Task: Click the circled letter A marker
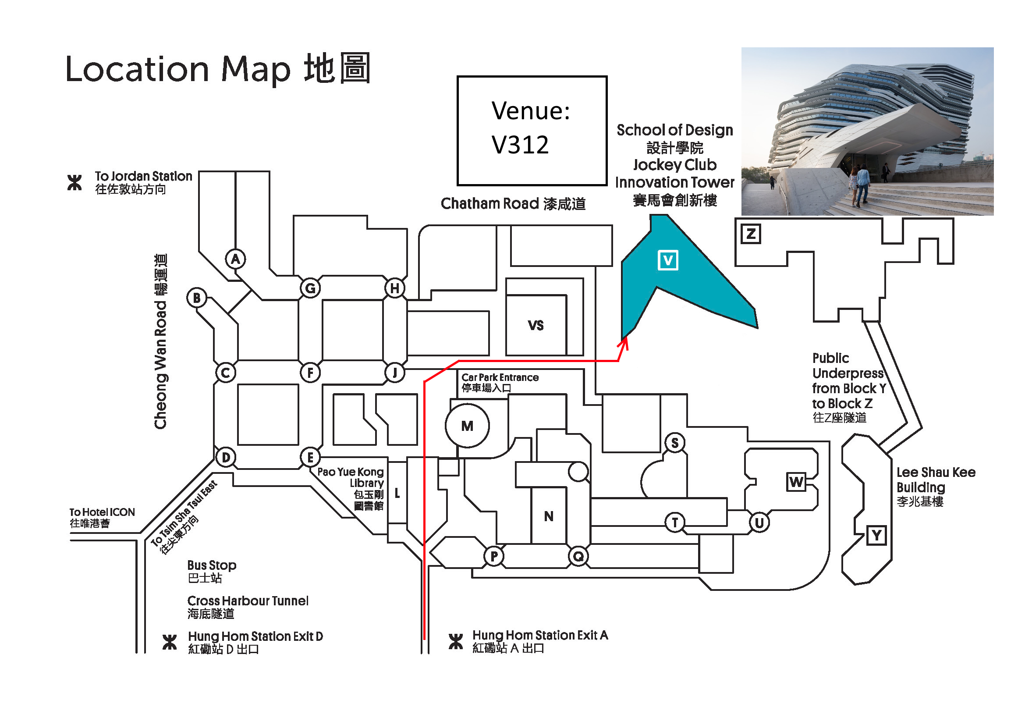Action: pyautogui.click(x=235, y=259)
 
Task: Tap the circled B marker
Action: pyautogui.click(x=197, y=298)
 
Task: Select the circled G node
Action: pyautogui.click(x=310, y=288)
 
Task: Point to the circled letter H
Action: pyautogui.click(x=395, y=288)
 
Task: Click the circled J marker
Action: pyautogui.click(x=395, y=372)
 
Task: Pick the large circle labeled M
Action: pyautogui.click(x=467, y=426)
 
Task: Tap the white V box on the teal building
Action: pyautogui.click(x=668, y=260)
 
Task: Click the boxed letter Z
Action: pyautogui.click(x=751, y=234)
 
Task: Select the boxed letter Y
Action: pyautogui.click(x=876, y=535)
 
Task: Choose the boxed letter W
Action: pyautogui.click(x=796, y=482)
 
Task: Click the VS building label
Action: pyautogui.click(x=536, y=325)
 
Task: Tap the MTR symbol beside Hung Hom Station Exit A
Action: pyautogui.click(x=456, y=642)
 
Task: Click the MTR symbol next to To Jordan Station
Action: pyautogui.click(x=74, y=183)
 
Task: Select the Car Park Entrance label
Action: pyautogui.click(x=500, y=383)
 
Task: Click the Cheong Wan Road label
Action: pyautogui.click(x=161, y=341)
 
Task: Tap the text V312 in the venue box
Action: pyautogui.click(x=520, y=145)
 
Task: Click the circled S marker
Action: pyautogui.click(x=674, y=443)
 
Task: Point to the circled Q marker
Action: pyautogui.click(x=578, y=556)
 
